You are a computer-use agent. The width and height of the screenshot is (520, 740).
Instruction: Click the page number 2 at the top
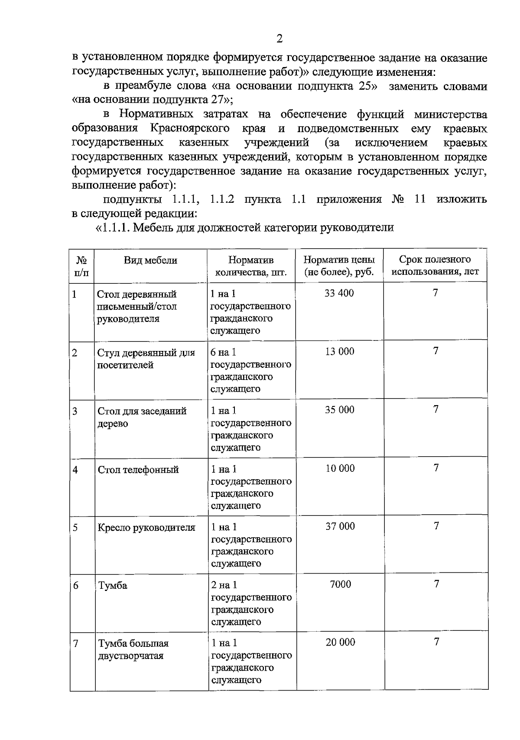[279, 39]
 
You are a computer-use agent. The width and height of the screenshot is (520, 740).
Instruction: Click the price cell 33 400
[339, 293]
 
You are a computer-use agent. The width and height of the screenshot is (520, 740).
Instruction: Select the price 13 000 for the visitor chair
[339, 351]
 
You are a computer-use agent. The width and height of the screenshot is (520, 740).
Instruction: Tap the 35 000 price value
[339, 410]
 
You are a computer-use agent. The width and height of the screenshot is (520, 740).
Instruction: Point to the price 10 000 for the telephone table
[340, 468]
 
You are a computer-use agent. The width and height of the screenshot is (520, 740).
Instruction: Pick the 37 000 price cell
[340, 526]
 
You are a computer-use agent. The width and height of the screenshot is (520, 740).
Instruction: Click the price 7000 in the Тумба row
[340, 584]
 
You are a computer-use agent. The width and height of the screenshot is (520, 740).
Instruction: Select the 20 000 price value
[340, 643]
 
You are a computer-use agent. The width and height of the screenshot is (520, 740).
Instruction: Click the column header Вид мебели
[150, 260]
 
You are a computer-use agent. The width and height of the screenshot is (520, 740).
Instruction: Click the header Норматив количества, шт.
[251, 266]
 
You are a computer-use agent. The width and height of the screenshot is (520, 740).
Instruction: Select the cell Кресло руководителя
[146, 528]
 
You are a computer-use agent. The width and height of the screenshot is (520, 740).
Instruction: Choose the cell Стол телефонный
[138, 470]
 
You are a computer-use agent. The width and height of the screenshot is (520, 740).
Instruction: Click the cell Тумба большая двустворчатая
[133, 649]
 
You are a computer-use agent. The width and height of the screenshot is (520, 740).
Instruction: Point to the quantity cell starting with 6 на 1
[250, 370]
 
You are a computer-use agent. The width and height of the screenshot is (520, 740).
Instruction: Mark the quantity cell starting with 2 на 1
[251, 603]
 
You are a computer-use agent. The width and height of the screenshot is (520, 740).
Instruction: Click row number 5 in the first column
[75, 528]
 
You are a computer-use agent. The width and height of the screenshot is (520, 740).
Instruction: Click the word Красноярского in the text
[190, 129]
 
